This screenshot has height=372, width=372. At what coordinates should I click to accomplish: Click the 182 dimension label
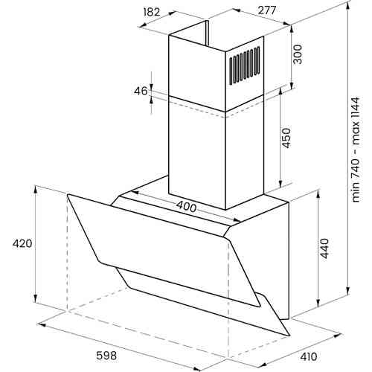pyautogui.click(x=152, y=12)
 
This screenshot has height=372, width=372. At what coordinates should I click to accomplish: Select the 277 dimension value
pyautogui.click(x=267, y=10)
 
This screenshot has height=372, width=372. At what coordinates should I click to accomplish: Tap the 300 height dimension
pyautogui.click(x=298, y=54)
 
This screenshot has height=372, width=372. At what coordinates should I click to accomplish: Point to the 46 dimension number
pyautogui.click(x=141, y=92)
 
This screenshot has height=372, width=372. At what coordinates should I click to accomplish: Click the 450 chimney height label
pyautogui.click(x=286, y=138)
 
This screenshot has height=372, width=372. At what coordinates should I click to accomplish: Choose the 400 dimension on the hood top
pyautogui.click(x=187, y=207)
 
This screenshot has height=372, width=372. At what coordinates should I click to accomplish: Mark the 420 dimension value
pyautogui.click(x=22, y=243)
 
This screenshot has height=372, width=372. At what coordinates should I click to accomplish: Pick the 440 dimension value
pyautogui.click(x=324, y=248)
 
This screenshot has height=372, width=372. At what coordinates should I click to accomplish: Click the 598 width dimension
pyautogui.click(x=106, y=356)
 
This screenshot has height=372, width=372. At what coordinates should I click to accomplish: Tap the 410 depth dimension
pyautogui.click(x=309, y=356)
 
